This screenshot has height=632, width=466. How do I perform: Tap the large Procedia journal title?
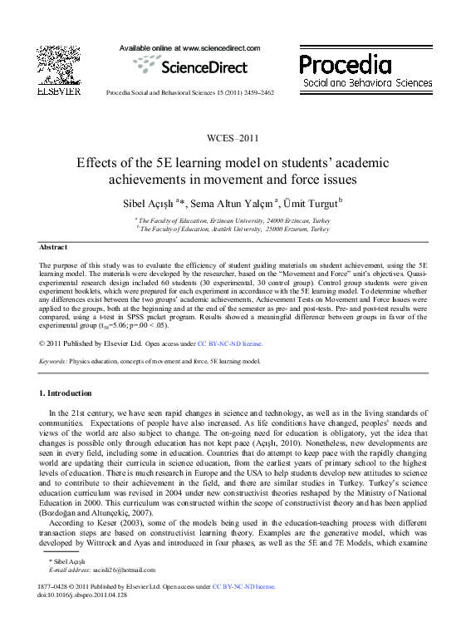(x=345, y=64)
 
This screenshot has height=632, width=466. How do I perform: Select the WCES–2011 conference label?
(x=233, y=138)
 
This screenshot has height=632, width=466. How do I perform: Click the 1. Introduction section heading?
(x=66, y=393)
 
